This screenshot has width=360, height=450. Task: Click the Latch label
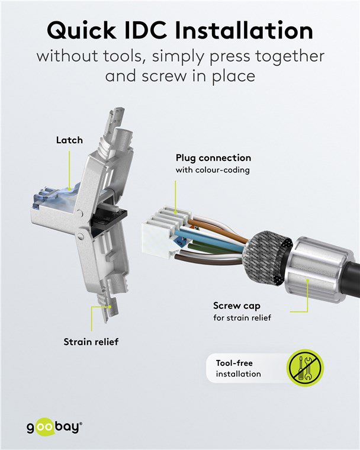[x=69, y=140]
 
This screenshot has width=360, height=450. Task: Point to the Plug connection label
[x=213, y=158]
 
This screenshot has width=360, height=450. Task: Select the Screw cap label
[x=236, y=306]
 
